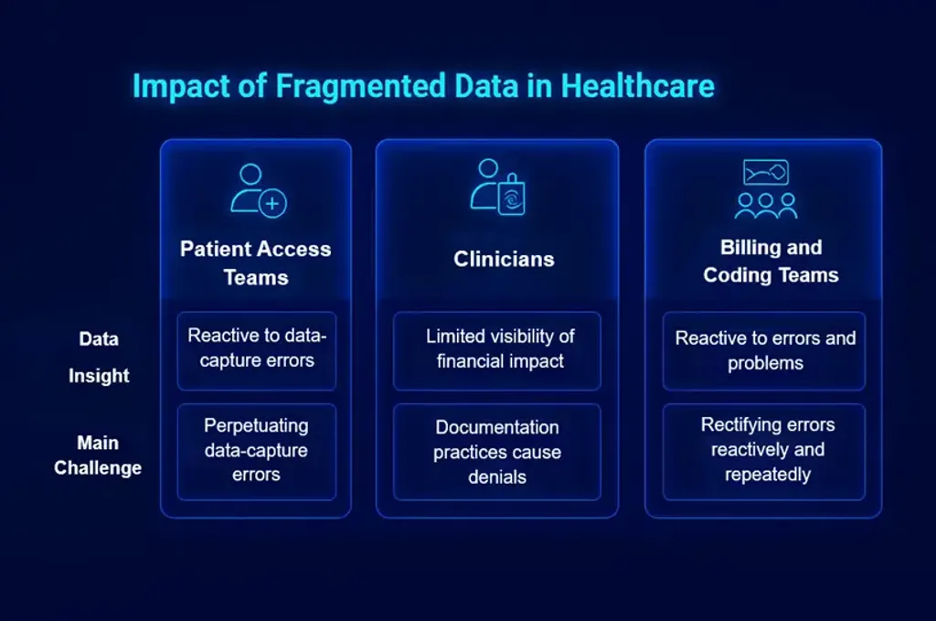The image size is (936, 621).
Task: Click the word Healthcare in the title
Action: [637, 86]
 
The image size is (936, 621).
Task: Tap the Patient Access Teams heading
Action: [256, 262]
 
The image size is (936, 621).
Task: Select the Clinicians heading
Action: [504, 260]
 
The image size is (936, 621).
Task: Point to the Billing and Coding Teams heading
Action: [771, 261]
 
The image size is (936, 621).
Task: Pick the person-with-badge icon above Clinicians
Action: [497, 187]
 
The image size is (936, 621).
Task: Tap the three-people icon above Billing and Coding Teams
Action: [766, 189]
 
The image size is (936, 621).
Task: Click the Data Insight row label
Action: [99, 357]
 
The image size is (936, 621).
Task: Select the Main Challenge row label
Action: [98, 455]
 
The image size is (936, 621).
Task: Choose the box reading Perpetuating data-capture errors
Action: [257, 451]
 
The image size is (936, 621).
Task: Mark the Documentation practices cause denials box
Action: [497, 451]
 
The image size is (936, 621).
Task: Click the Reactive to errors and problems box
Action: [764, 350]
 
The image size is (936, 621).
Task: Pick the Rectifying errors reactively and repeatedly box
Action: [764, 451]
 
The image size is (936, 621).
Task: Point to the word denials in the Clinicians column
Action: [497, 476]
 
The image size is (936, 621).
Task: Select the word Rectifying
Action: [741, 424]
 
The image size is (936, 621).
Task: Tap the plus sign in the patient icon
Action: [271, 203]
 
